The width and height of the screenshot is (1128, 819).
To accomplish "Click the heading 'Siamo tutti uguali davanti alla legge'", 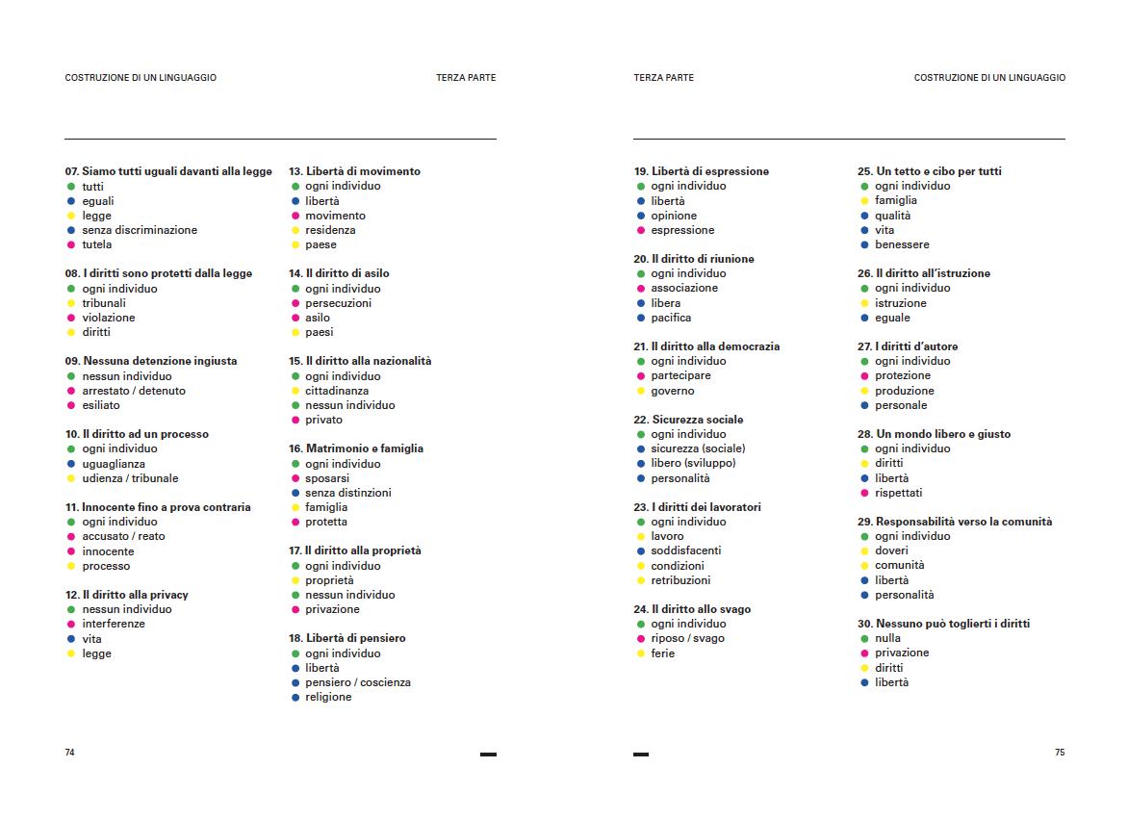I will (168, 171).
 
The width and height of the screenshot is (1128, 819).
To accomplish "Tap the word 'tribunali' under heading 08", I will (104, 303).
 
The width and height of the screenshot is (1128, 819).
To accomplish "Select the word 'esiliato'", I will (101, 405).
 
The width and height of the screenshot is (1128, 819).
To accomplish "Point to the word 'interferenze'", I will (114, 624).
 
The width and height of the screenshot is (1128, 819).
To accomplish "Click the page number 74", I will (69, 753).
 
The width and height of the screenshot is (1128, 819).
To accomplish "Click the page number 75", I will (1060, 753).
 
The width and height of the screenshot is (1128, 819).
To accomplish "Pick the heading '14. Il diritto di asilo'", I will (339, 273).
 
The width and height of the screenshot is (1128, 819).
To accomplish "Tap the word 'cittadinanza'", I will (337, 391).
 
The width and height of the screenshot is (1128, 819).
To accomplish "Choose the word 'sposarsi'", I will (327, 478).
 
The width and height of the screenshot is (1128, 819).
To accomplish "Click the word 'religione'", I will (328, 697).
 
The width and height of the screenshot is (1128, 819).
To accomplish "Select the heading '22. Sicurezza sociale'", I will (688, 420).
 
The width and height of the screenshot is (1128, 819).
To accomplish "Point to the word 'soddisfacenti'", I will (686, 550).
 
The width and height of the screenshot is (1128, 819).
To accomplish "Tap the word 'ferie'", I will (663, 653).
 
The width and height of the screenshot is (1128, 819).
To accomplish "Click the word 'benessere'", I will (902, 244).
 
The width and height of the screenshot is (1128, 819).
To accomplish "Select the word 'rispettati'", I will (899, 493).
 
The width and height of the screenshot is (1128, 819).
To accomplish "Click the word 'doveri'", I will (891, 550).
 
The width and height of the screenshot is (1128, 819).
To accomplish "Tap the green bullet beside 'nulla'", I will (864, 638).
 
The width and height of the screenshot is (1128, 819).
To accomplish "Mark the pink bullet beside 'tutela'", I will (71, 244).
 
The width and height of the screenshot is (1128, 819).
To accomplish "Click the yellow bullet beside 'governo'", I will (640, 391).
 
